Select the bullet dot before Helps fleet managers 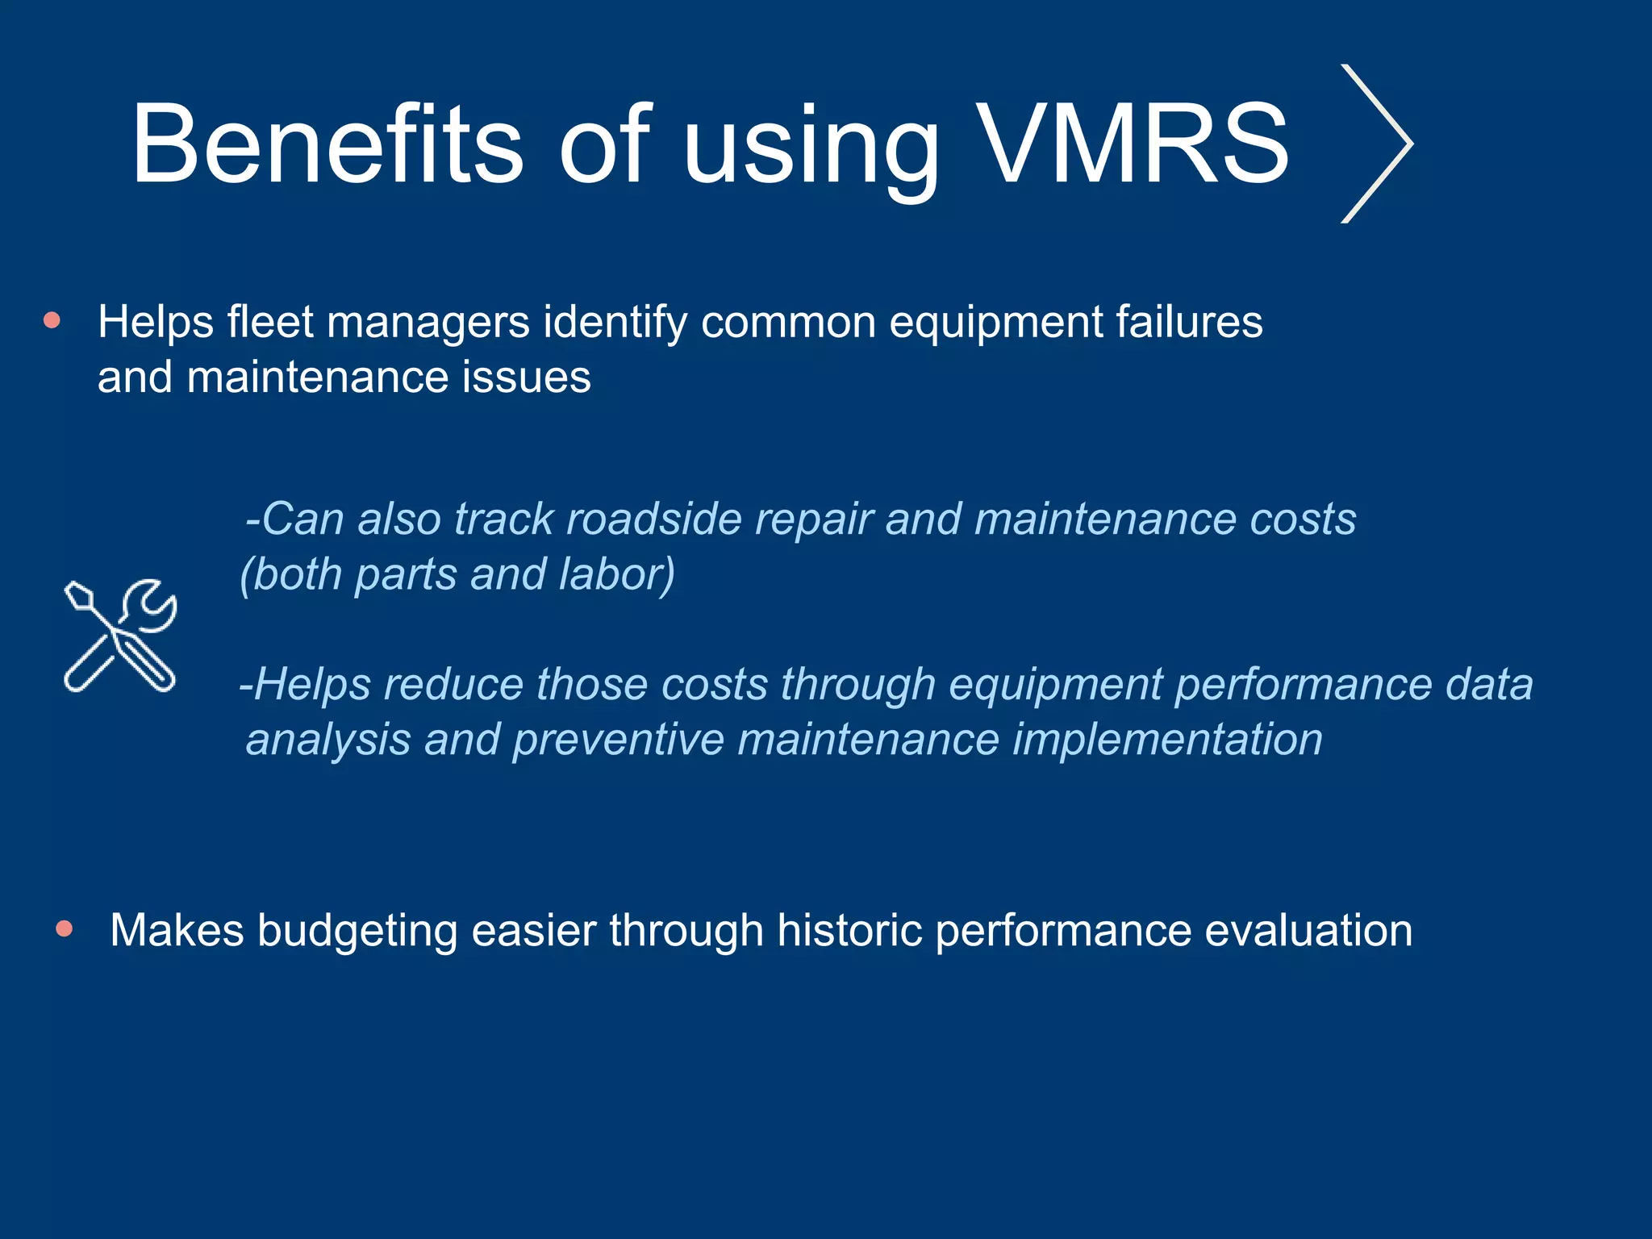(x=52, y=321)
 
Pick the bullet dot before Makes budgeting (x=65, y=929)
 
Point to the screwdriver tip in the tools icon (x=78, y=595)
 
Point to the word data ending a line (x=1488, y=685)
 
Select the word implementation (x=1167, y=740)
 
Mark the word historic (x=850, y=930)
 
